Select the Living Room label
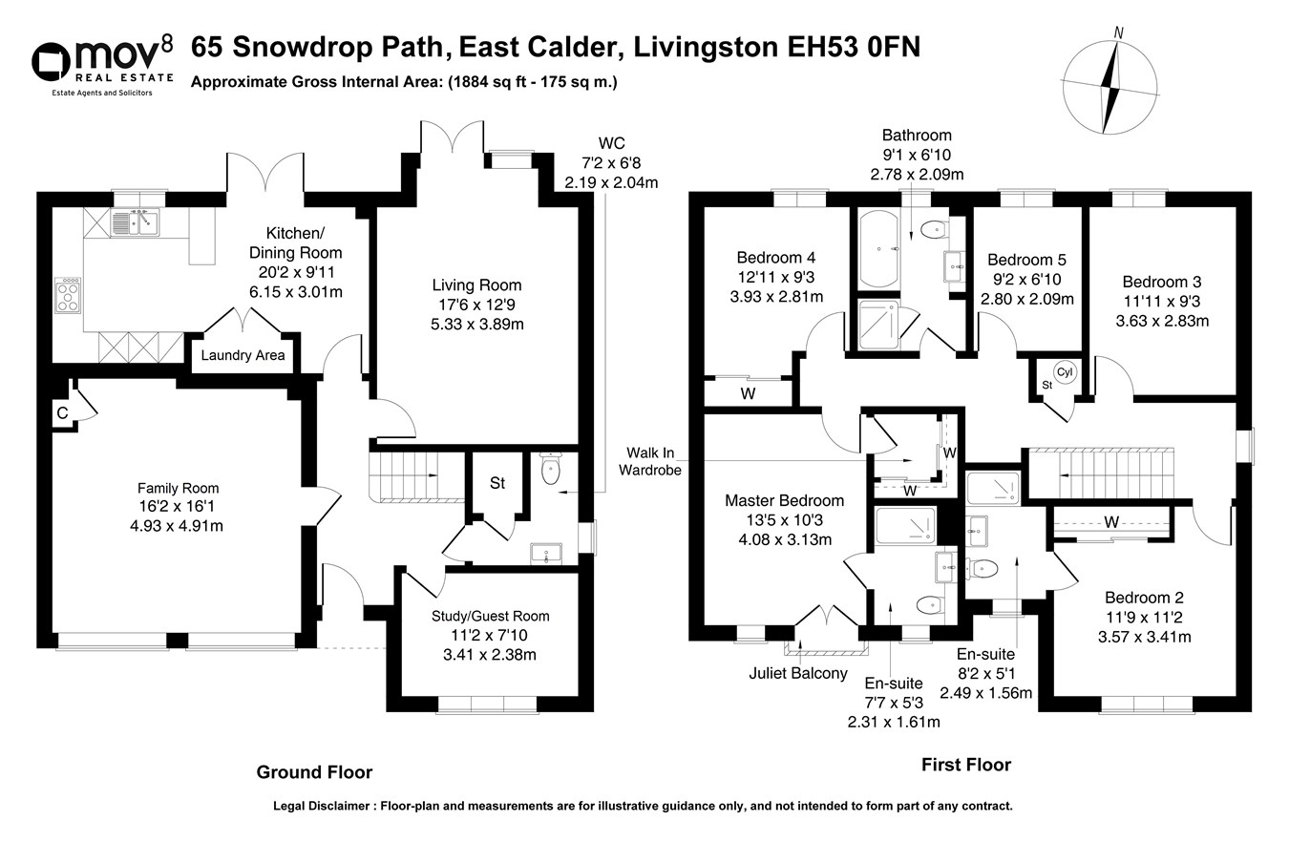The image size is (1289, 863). [476, 285]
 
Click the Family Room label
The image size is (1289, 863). [178, 488]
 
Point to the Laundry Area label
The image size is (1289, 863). [243, 356]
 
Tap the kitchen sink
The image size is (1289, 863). [136, 222]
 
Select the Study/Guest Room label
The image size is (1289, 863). [489, 617]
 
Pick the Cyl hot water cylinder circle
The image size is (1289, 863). [1064, 372]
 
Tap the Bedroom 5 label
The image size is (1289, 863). [1026, 260]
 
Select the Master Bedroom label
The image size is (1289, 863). [784, 501]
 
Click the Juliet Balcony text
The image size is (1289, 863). [798, 674]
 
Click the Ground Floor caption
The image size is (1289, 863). [314, 772]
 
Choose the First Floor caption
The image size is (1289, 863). [965, 765]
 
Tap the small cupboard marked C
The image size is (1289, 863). [63, 413]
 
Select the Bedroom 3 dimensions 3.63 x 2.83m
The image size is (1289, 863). [1162, 321]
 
